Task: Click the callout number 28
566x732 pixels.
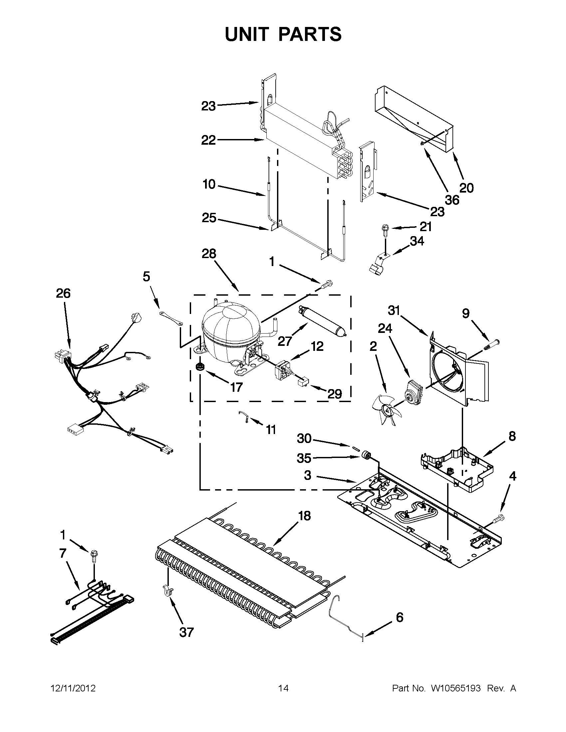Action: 208,254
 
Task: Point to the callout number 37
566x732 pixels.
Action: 186,632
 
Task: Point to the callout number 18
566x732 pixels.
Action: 304,515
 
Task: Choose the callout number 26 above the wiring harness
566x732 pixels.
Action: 63,293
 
